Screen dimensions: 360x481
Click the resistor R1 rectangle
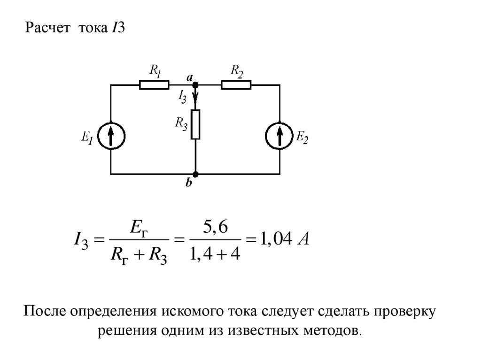click(x=154, y=85)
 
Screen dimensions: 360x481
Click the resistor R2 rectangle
click(x=236, y=85)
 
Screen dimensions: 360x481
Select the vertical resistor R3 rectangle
click(x=195, y=124)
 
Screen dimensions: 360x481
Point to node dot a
click(x=195, y=85)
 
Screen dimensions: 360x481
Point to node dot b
click(x=195, y=174)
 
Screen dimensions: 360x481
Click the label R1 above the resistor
click(x=155, y=71)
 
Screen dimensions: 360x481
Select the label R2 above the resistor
click(x=236, y=71)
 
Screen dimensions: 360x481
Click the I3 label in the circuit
click(x=182, y=97)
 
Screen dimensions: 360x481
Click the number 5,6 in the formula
click(x=215, y=229)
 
